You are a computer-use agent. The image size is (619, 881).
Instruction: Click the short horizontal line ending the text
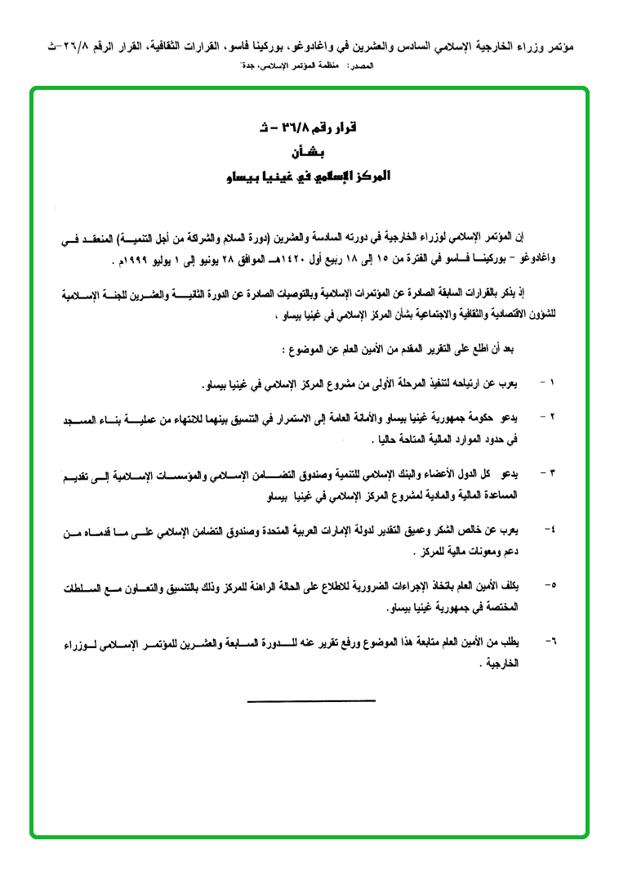pos(310,700)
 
